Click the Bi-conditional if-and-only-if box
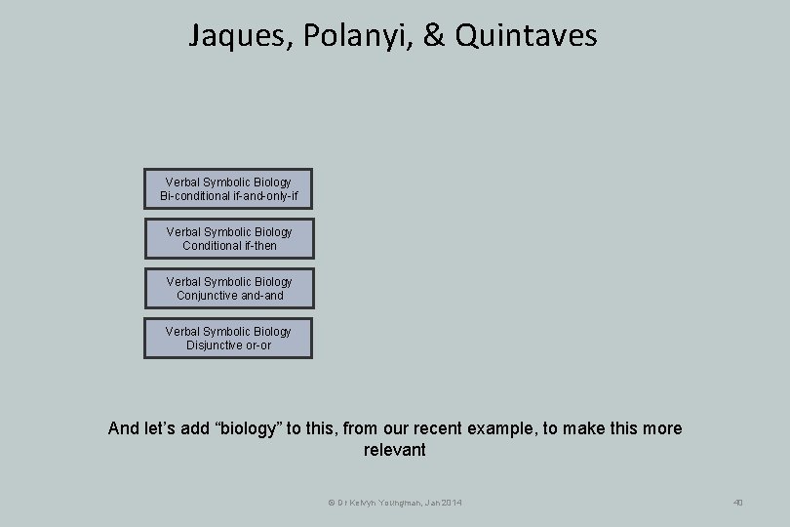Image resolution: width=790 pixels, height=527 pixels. pos(228,189)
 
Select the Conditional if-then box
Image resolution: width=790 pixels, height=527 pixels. pos(228,239)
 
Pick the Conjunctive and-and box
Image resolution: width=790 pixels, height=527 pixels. pos(228,288)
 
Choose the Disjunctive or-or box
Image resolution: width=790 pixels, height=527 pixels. pos(228,338)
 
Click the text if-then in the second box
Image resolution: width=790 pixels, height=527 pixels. pos(257,246)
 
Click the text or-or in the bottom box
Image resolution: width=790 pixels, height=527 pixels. pos(259,345)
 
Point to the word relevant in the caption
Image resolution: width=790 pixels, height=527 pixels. pos(395,450)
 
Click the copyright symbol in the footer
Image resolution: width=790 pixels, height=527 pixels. pos(330,503)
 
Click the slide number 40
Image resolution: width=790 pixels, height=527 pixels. pos(737,503)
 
